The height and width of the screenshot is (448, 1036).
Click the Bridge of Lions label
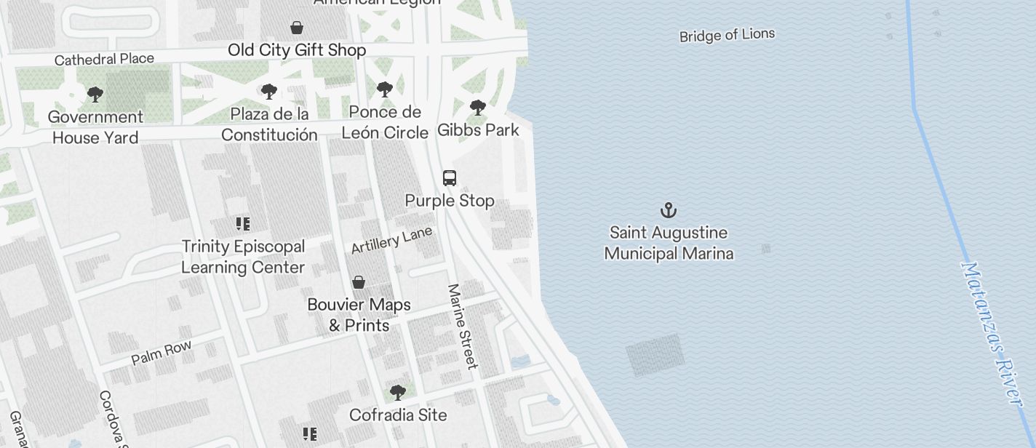(x=727, y=35)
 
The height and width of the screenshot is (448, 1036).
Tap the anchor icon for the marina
(x=669, y=211)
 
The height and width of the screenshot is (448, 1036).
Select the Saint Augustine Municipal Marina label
(x=669, y=243)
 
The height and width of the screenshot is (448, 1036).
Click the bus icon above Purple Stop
(x=450, y=178)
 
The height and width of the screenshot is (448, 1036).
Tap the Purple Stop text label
(x=450, y=201)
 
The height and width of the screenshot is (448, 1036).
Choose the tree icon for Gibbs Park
(x=478, y=108)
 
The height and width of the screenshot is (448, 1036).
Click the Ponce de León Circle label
(x=385, y=122)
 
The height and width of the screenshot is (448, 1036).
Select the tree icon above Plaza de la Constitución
(x=269, y=92)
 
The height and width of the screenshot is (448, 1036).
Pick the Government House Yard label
(x=95, y=127)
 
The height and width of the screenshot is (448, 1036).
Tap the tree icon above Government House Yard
(x=95, y=95)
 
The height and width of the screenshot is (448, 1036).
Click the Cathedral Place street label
(x=104, y=59)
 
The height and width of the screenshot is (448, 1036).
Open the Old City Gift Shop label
(x=297, y=50)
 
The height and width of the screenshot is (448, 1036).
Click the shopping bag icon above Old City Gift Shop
(x=297, y=28)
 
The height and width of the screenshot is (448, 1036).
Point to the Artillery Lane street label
(x=391, y=241)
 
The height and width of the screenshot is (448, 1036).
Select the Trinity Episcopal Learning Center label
(x=243, y=257)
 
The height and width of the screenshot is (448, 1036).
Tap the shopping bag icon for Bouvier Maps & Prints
(x=359, y=282)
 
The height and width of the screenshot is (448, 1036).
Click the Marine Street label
(x=463, y=326)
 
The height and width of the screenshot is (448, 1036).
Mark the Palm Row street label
(x=162, y=352)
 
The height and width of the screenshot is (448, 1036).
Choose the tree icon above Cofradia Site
(x=397, y=393)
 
